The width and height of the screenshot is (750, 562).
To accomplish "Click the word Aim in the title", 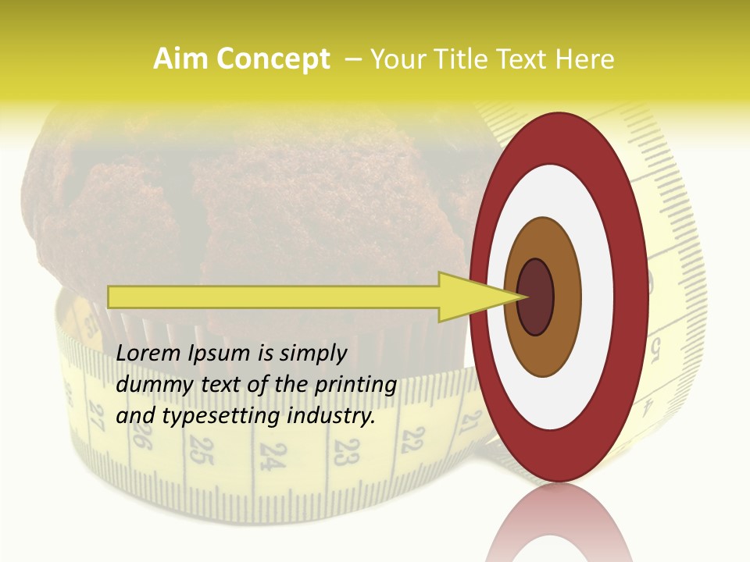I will click(181, 59).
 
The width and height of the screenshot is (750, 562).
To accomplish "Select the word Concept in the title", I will click(273, 59).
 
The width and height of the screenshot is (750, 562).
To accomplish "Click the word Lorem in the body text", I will click(149, 353).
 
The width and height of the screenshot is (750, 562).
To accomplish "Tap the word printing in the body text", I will click(355, 385).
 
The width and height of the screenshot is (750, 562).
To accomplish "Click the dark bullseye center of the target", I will click(536, 297).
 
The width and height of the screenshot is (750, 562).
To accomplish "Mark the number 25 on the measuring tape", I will click(202, 451).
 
